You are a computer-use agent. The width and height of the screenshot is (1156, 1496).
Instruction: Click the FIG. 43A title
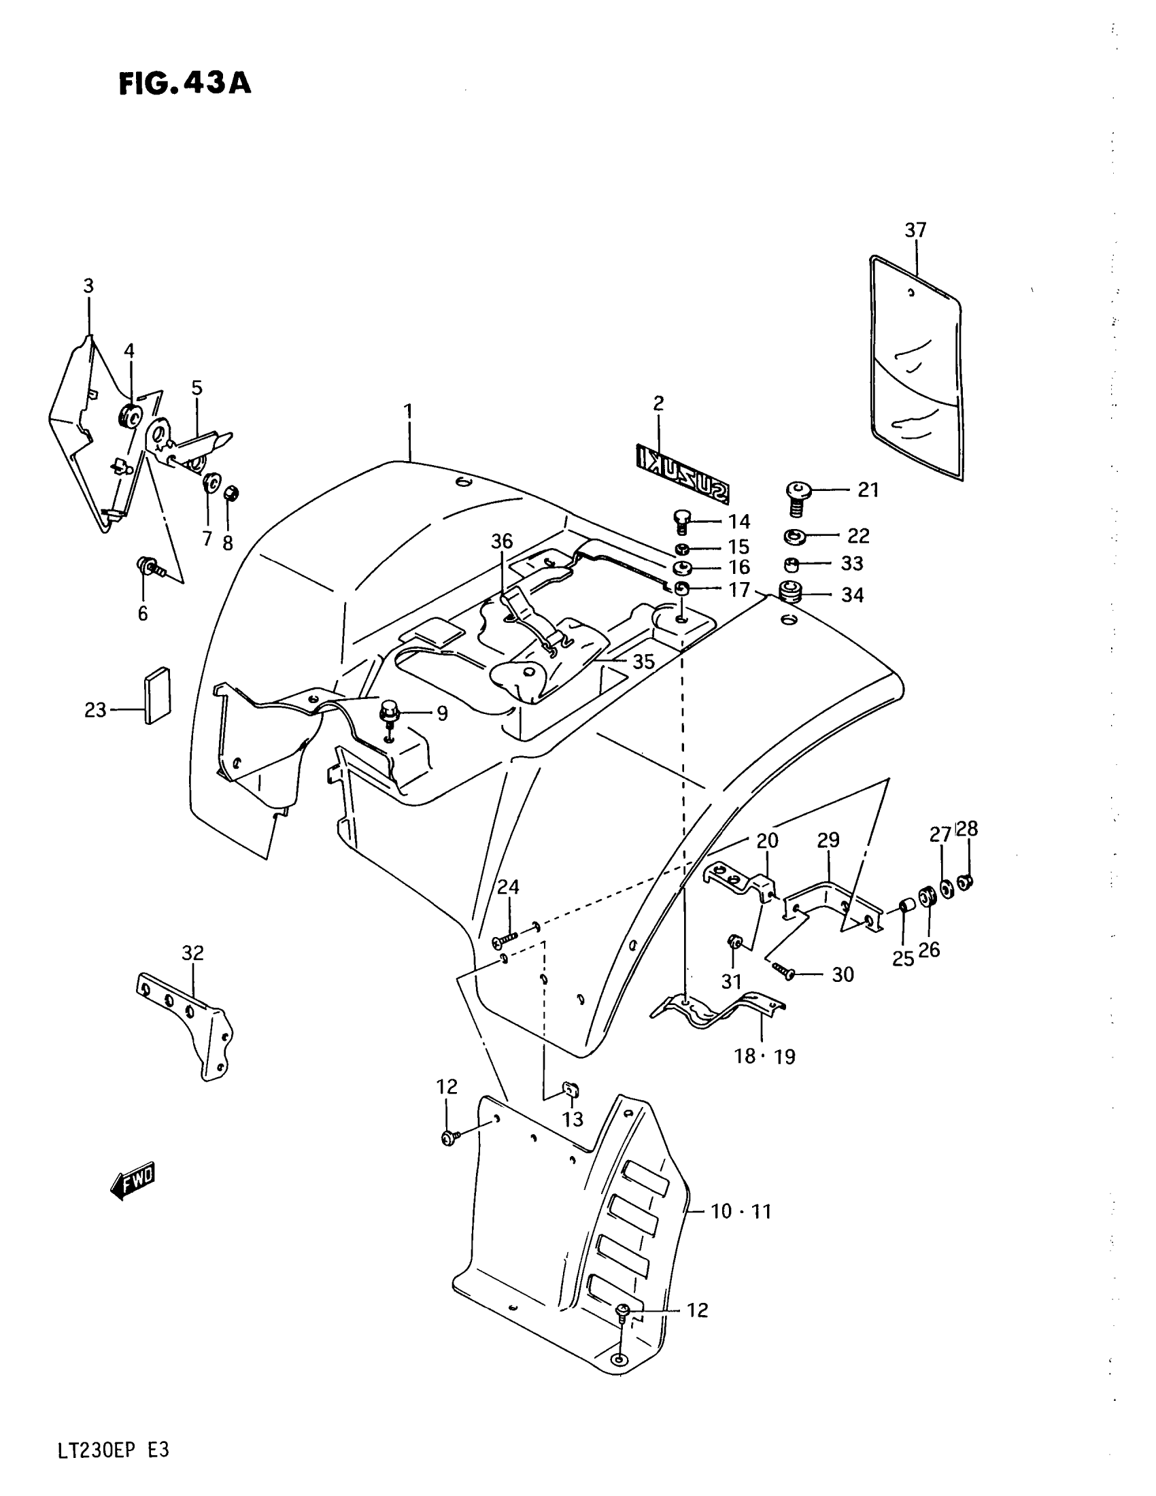(185, 84)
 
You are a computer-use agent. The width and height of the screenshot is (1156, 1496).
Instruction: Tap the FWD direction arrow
(133, 1181)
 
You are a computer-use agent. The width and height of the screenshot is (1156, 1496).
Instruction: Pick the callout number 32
(193, 953)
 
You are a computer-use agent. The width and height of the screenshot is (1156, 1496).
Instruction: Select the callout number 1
(408, 411)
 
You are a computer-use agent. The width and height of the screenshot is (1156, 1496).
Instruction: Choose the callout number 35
(643, 662)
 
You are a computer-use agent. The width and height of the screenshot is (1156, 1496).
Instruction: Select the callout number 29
(828, 840)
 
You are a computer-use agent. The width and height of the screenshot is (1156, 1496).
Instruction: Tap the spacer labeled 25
(905, 907)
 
